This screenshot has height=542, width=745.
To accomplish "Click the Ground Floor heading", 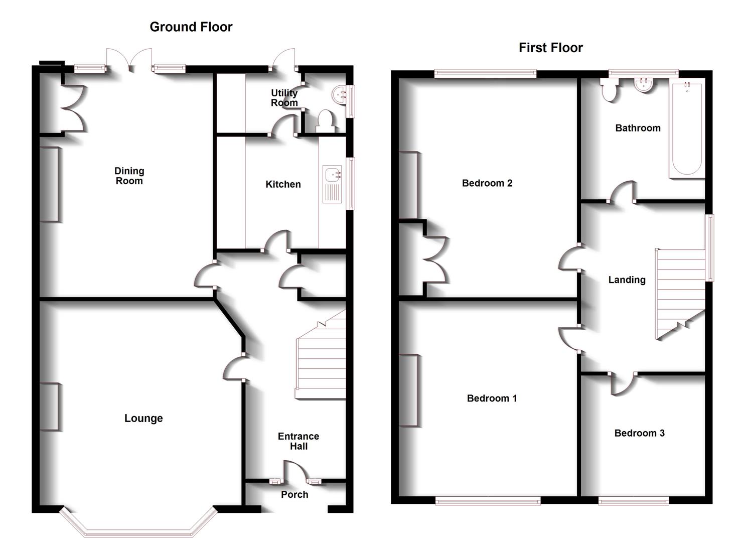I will [x=191, y=27].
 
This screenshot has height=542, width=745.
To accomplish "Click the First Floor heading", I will [x=550, y=48].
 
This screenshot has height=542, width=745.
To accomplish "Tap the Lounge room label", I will [x=143, y=418].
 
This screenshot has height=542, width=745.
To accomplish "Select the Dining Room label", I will [x=129, y=176].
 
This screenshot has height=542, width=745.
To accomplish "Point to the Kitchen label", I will [x=283, y=184].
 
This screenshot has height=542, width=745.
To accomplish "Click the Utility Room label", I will [x=284, y=98].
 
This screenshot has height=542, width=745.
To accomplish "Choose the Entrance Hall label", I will [x=299, y=441].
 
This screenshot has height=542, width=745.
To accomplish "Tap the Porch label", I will [x=294, y=494].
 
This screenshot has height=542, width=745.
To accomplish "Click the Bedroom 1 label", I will [x=492, y=398].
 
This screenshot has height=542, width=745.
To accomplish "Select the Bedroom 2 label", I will [x=487, y=183].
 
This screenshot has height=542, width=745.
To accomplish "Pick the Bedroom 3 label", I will [x=639, y=433].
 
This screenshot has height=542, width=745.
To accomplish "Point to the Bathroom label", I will [x=638, y=128].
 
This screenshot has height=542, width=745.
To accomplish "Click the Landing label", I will [x=627, y=280].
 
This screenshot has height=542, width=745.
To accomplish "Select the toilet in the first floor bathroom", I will [x=610, y=90].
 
